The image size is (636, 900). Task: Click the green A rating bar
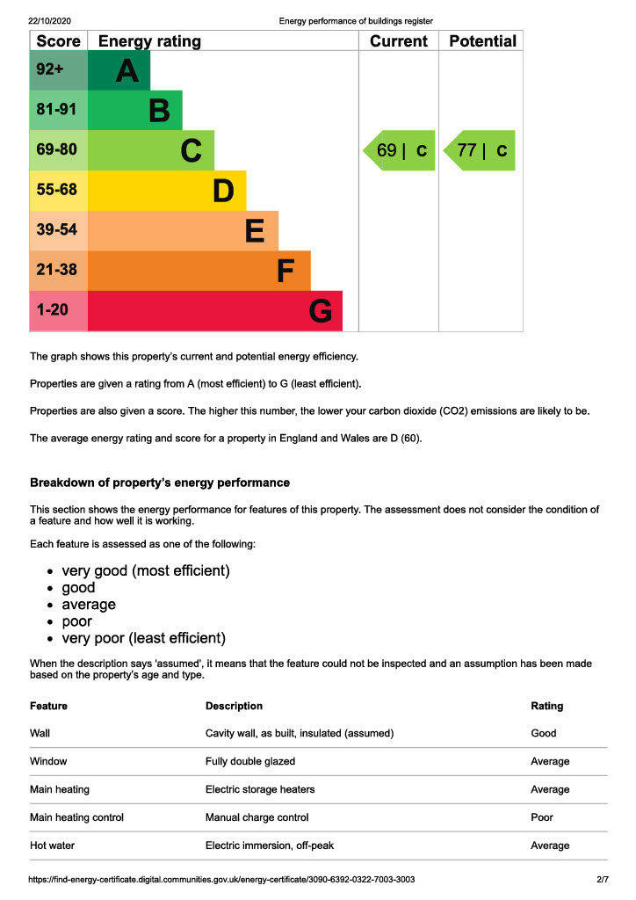119,70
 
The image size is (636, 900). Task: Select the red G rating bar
214,311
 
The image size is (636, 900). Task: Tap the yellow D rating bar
167,191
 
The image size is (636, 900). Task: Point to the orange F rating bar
199,271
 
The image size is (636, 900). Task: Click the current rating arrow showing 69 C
400,150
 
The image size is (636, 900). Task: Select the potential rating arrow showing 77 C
480,150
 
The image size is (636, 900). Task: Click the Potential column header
482,41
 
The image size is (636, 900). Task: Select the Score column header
59,41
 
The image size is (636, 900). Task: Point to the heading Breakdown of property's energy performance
160,483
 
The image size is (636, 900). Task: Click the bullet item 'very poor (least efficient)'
143,638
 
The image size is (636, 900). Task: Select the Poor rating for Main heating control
542,817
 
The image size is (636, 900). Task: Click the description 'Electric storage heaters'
260,789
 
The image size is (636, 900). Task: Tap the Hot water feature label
53,846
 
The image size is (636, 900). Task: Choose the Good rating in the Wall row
544,733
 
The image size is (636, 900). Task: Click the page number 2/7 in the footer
603,879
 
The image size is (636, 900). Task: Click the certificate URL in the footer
221,879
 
